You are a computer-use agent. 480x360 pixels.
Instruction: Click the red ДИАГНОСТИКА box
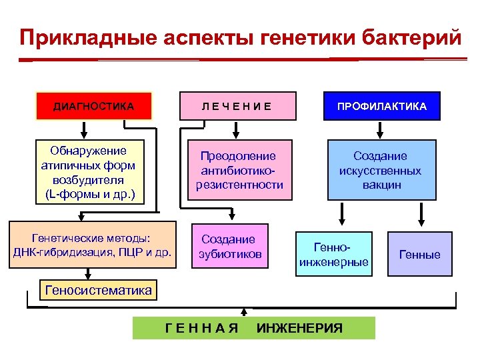[94, 106]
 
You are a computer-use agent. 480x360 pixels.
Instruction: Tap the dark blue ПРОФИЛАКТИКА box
[382, 106]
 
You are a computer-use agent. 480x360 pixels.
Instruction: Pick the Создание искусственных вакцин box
[381, 170]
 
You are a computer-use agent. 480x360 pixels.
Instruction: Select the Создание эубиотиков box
[228, 247]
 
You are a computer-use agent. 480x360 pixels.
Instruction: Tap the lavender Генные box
[419, 254]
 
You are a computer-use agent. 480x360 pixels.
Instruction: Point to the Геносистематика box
[97, 290]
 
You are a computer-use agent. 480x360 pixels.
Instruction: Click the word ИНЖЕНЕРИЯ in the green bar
[299, 328]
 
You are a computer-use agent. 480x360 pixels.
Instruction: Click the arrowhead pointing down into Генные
[421, 223]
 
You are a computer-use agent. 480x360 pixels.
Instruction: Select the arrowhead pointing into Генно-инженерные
[342, 223]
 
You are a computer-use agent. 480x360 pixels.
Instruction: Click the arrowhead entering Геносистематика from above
[87, 276]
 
